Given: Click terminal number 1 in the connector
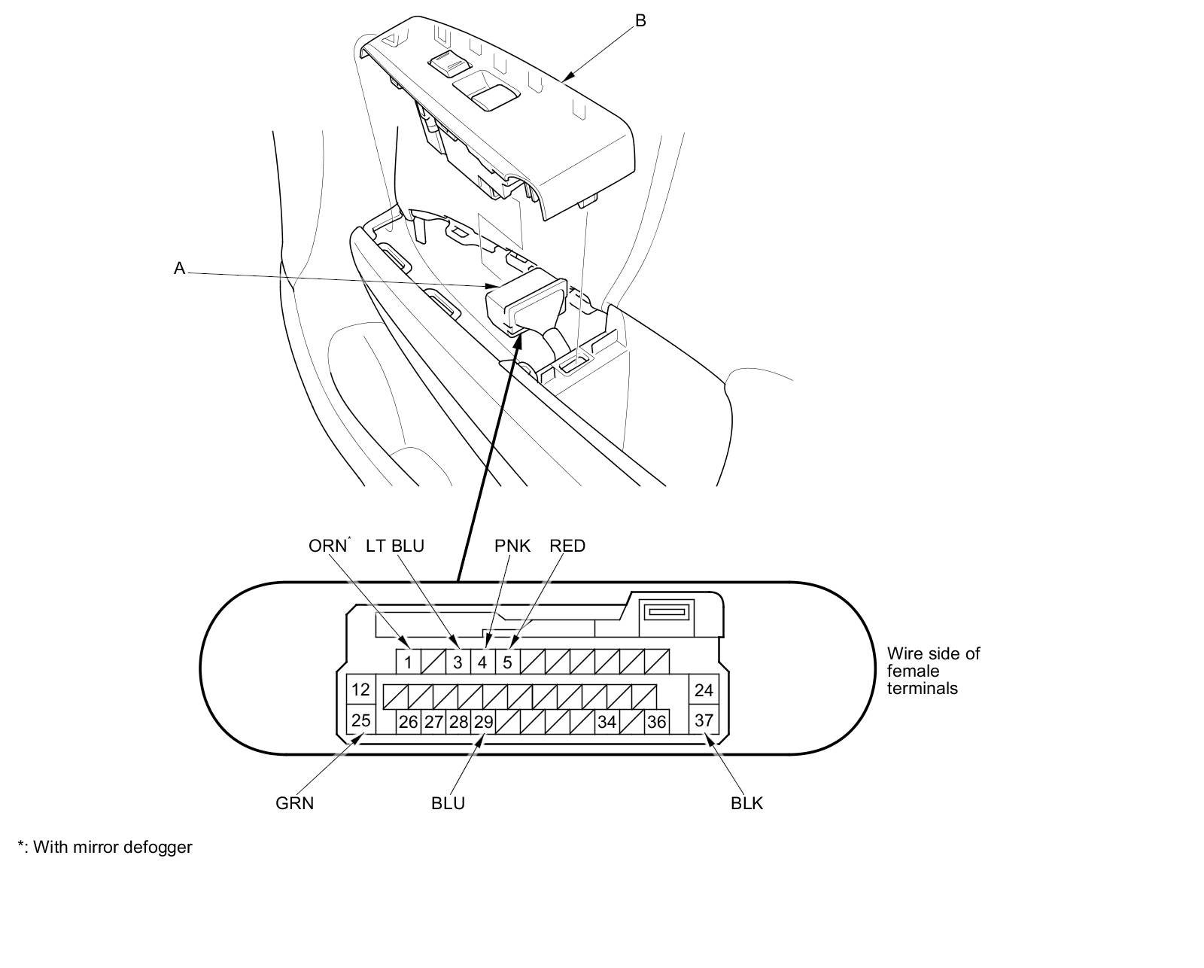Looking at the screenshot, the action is click(408, 662).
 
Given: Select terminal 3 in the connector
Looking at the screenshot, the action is click(458, 662).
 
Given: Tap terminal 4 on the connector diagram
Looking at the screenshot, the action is click(482, 662).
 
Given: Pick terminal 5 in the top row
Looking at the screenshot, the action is click(507, 662).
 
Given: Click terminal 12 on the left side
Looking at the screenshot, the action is click(361, 689).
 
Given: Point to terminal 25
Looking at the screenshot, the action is click(361, 720).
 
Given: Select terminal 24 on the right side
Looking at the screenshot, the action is click(704, 689).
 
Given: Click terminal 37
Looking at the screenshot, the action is click(704, 720).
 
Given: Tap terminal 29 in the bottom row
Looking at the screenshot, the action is click(483, 722).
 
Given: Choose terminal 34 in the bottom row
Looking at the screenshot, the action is click(607, 722).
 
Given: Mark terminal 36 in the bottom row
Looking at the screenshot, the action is click(656, 722).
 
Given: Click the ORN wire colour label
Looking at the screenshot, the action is click(327, 546).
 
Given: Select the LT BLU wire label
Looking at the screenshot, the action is click(395, 546).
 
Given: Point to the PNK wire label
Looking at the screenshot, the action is click(512, 546).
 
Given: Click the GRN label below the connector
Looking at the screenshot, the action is click(295, 803).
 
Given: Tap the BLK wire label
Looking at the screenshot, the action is click(746, 803).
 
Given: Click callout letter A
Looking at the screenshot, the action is click(179, 269).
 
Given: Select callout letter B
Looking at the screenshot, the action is click(640, 20).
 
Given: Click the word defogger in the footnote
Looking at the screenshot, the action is click(158, 847).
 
